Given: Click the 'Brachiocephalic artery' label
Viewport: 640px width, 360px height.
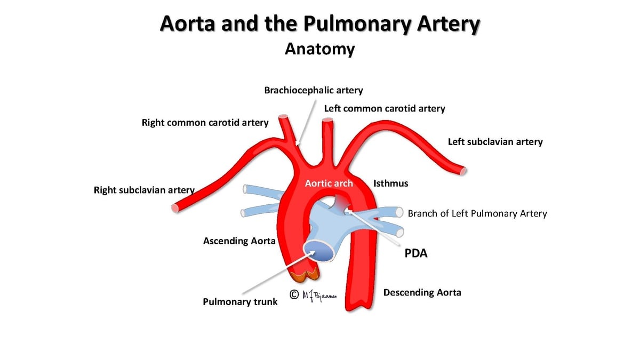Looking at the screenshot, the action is (314, 90).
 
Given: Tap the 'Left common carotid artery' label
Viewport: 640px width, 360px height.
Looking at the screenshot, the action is (385, 109).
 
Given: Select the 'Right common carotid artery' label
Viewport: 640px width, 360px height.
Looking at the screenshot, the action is (205, 123).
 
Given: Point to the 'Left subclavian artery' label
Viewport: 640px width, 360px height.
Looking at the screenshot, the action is (495, 142).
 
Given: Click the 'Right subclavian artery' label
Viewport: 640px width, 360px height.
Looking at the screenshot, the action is (145, 190).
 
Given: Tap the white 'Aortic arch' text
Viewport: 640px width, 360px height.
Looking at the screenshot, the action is (329, 183).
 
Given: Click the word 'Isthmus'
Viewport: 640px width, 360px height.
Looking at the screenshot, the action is (390, 183).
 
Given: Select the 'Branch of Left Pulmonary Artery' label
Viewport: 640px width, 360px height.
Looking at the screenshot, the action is (477, 213).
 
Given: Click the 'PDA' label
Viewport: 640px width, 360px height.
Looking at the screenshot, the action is (416, 253).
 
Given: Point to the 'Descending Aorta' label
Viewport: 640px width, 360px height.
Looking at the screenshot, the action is (422, 292).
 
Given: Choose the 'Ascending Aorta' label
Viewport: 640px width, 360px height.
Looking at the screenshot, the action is (239, 241).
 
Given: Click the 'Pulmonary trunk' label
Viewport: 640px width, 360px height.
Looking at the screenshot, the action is (240, 302).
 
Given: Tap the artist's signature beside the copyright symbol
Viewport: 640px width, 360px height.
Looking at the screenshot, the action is (319, 296).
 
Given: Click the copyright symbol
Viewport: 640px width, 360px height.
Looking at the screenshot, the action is (294, 294).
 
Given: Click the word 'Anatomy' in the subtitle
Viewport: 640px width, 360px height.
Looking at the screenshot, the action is (319, 49).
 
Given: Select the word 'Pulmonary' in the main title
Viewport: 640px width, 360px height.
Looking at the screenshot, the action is (357, 24).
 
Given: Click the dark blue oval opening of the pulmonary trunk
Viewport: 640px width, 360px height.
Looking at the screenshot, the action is (319, 251).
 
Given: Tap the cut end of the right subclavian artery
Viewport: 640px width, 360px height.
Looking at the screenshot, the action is (175, 209).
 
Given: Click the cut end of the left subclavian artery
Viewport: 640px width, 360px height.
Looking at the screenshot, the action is (463, 171).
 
